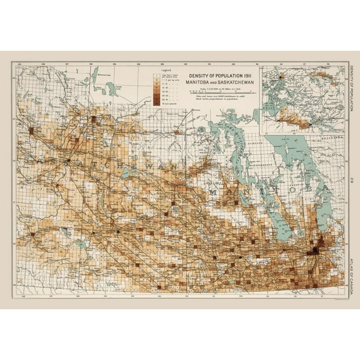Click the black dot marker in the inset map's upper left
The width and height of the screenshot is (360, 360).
[270, 80]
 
